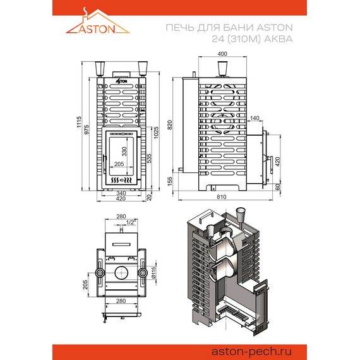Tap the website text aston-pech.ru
click(251, 352)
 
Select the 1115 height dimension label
click(79, 122)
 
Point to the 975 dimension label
click(87, 129)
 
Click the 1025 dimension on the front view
click(156, 133)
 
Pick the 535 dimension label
click(149, 158)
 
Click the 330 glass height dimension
click(124, 152)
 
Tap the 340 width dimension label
click(121, 193)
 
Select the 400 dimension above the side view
click(222, 54)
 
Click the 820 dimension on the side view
click(170, 125)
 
